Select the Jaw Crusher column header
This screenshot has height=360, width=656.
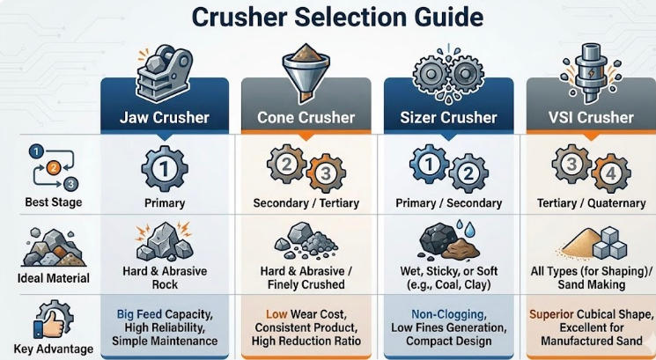point(164,117)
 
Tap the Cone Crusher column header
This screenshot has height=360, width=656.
point(306,117)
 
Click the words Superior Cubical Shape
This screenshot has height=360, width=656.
point(591,314)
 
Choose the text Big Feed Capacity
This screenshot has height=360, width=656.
point(164,314)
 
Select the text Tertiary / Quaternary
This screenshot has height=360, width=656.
point(591,203)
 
